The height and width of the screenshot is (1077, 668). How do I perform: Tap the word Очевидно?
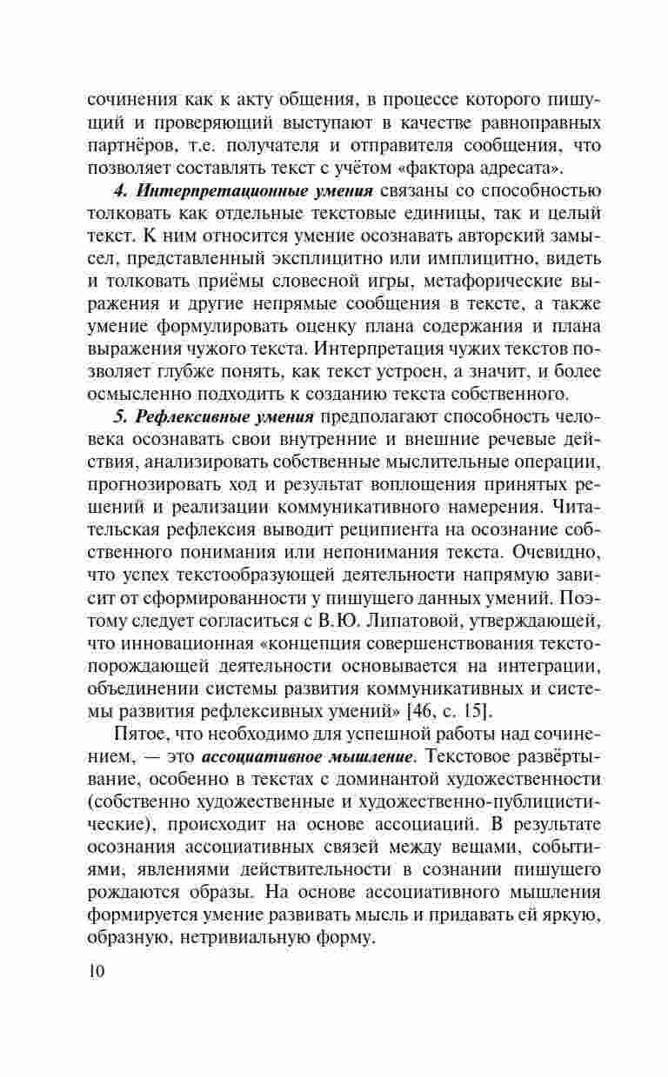(x=535, y=552)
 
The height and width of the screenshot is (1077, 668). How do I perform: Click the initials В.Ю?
(x=344, y=621)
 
